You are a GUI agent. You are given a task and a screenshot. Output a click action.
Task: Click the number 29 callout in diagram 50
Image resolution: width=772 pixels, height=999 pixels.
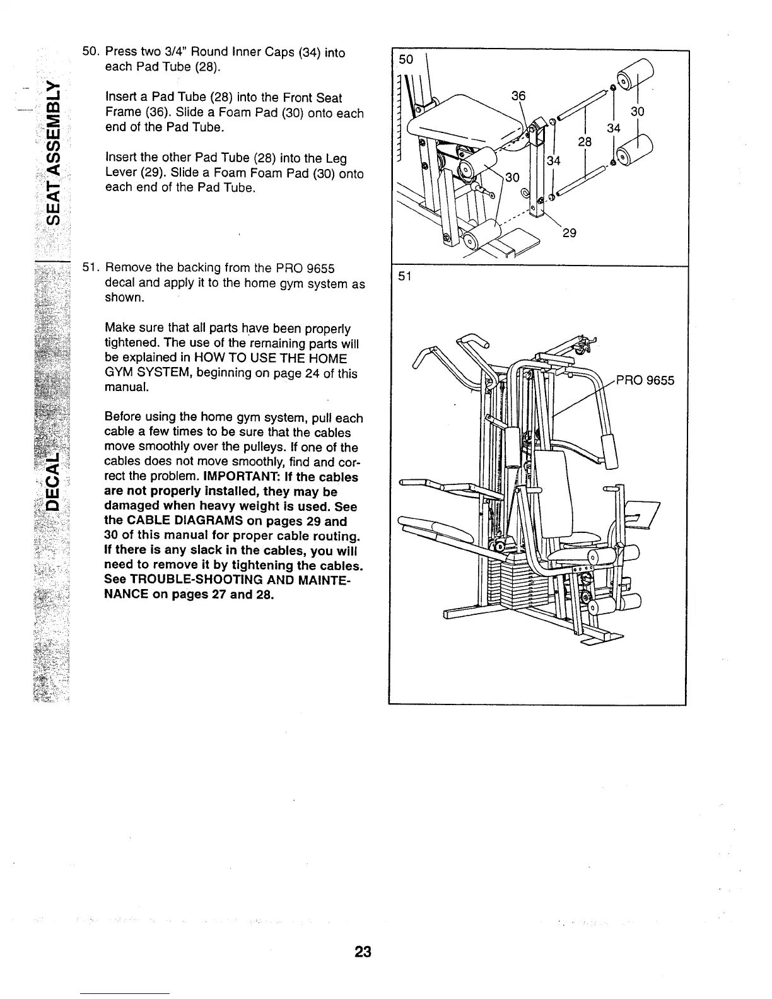tap(569, 233)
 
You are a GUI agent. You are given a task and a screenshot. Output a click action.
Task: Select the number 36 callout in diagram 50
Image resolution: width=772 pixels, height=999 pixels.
tap(518, 95)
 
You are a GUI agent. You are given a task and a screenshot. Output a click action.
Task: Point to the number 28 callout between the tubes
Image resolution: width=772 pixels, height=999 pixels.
tap(585, 142)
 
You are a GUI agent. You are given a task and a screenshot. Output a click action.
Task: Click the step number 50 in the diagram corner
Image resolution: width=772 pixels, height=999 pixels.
tap(406, 59)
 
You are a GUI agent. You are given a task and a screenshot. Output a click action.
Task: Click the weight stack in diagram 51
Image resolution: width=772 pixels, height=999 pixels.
tap(511, 583)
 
